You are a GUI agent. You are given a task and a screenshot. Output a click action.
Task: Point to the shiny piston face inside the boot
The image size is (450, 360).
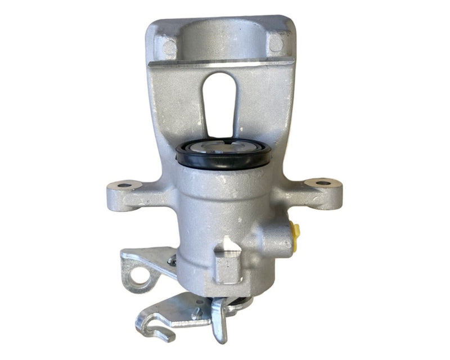(224, 150)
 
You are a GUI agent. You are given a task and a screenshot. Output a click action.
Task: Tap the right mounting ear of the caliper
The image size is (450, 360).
(321, 191)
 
